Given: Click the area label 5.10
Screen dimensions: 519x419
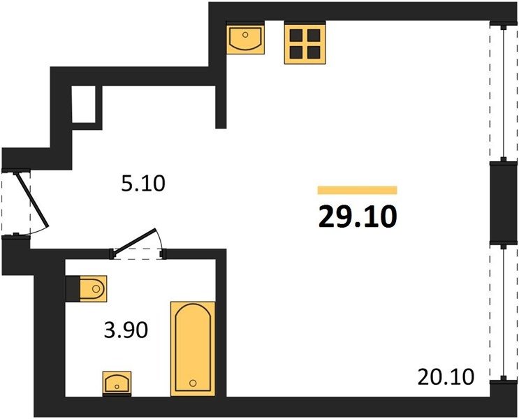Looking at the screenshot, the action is (143, 184).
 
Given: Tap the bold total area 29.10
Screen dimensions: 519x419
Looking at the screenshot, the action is (358, 216).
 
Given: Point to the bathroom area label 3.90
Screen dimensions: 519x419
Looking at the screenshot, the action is (126, 330).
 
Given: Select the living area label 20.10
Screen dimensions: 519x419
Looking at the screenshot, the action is (446, 377).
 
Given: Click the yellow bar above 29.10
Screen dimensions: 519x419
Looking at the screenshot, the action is (357, 191).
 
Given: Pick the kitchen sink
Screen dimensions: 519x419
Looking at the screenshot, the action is (245, 39).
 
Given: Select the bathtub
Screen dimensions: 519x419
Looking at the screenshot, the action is (193, 348).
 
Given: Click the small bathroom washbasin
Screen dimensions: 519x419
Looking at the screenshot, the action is (117, 383).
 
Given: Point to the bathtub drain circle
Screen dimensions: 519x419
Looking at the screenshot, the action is (193, 383).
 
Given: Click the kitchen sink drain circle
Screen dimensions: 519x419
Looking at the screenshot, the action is (245, 34).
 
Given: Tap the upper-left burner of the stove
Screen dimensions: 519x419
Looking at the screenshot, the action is (296, 35).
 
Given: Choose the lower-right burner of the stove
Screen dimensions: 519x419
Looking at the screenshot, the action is (314, 52).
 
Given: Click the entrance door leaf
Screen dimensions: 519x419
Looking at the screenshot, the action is (33, 200).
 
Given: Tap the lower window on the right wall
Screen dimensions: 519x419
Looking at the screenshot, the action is (504, 313).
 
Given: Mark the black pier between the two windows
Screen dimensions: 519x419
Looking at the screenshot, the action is (503, 203).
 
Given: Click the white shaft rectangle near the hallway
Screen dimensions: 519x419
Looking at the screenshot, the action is (83, 104).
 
